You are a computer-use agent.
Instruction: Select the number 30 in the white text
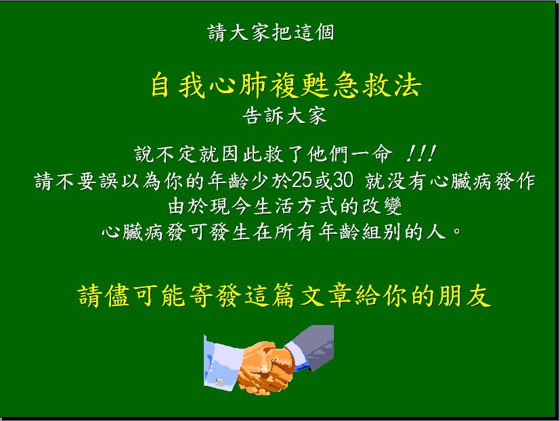point(343,180)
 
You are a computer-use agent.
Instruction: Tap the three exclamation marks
point(421,153)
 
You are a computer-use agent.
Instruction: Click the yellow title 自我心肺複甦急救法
point(286,85)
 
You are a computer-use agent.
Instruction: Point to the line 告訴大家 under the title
point(284,116)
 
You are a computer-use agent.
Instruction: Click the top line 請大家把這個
point(271,32)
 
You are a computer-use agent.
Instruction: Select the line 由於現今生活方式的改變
point(285,206)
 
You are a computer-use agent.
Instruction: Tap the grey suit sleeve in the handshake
point(311,347)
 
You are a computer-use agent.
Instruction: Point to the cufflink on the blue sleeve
point(219,382)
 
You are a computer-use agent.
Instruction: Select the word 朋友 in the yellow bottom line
point(464,295)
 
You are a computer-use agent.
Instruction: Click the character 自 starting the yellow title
point(160,85)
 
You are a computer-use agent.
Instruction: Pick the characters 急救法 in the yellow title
point(377,85)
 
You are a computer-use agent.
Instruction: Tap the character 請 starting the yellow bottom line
point(89,295)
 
